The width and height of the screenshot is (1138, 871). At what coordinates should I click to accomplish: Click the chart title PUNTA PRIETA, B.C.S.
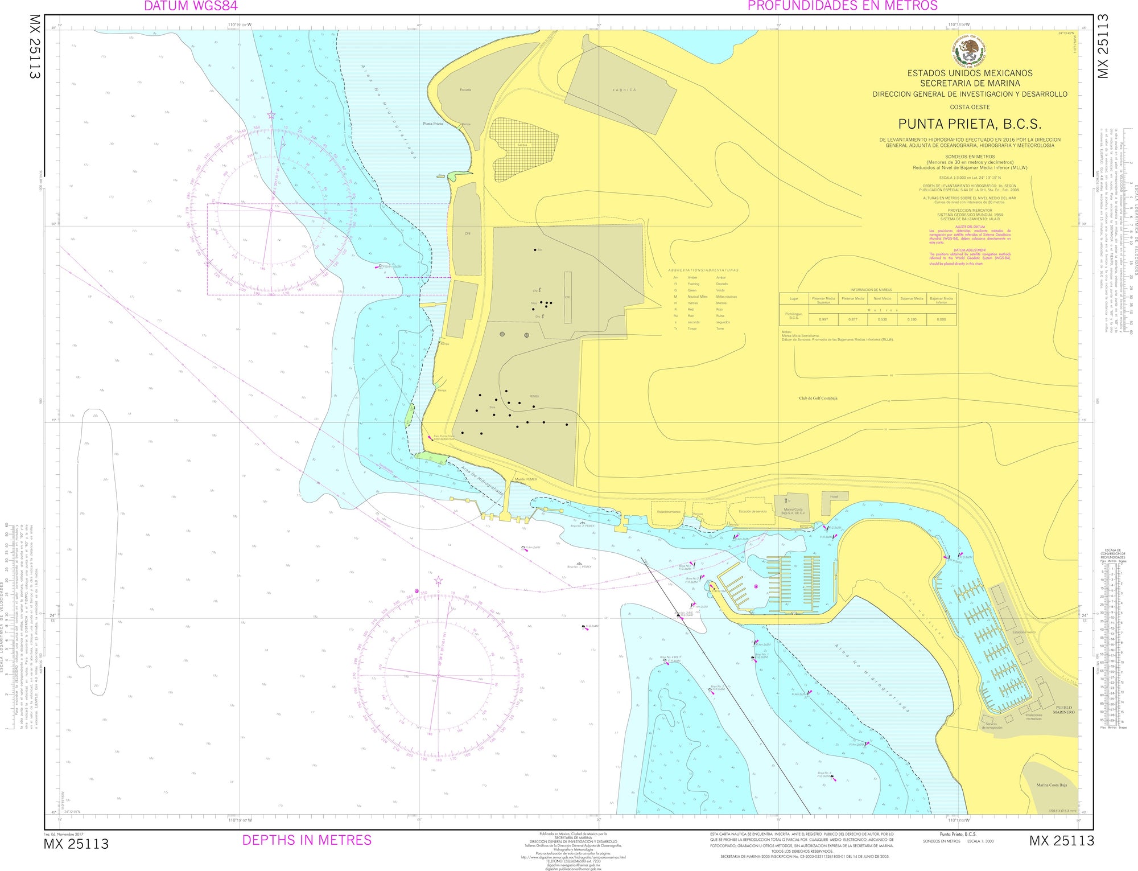(970, 124)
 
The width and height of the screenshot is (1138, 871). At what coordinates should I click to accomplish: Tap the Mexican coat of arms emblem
(970, 52)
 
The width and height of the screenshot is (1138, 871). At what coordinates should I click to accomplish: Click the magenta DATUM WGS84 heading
(191, 6)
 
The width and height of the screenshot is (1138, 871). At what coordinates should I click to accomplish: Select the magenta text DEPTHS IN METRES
(307, 840)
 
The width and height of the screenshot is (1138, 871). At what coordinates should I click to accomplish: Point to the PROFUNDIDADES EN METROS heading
(842, 6)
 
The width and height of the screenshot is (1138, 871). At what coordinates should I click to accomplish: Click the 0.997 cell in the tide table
(823, 319)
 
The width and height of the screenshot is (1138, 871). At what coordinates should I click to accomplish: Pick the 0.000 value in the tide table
(941, 319)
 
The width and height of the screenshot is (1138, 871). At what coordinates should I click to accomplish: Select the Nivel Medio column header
(882, 298)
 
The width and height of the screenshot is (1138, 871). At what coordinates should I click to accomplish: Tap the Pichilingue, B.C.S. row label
(794, 316)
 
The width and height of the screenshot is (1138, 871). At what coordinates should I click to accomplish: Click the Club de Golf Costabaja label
(818, 398)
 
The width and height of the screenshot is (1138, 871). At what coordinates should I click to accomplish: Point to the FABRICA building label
(624, 90)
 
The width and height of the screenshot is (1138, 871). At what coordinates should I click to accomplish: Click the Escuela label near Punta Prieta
(465, 90)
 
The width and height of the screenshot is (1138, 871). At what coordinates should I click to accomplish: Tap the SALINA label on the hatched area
(522, 145)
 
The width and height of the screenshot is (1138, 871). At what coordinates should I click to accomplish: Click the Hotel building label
(834, 497)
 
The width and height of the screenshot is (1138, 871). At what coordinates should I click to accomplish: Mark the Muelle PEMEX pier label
(526, 479)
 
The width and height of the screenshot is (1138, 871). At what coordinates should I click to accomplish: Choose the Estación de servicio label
(752, 511)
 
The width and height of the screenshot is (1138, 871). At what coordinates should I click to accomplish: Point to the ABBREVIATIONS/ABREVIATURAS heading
(703, 270)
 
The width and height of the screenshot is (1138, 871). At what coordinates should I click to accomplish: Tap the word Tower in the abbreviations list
(692, 328)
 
